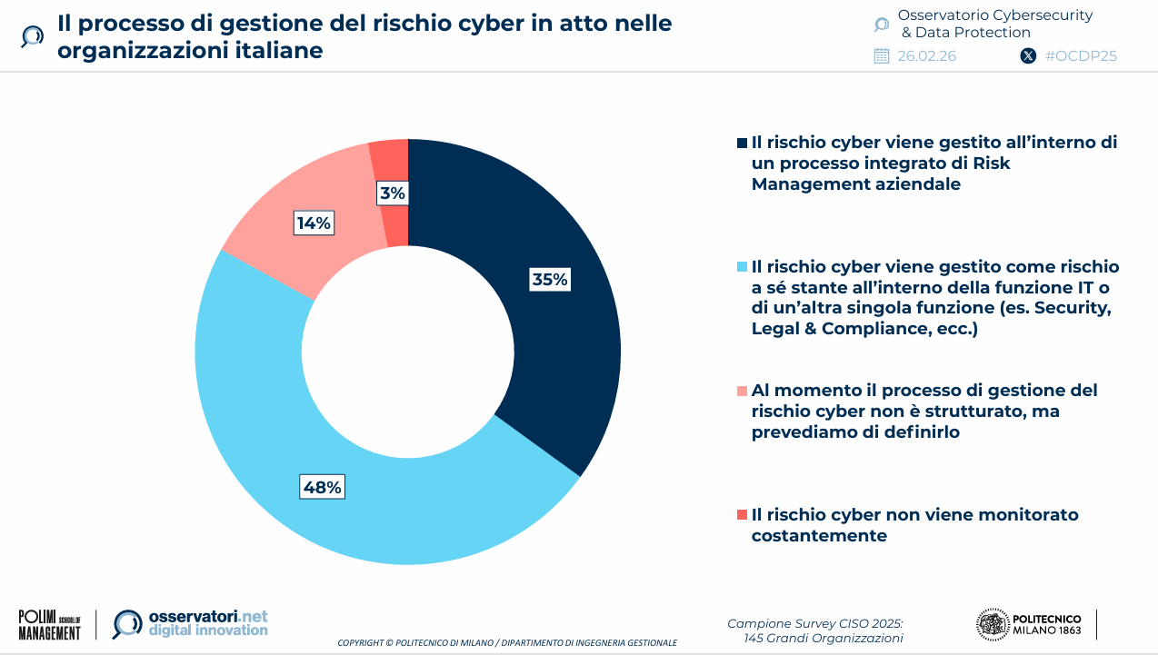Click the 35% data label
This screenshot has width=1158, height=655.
pyautogui.click(x=550, y=280)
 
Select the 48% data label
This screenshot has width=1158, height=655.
pyautogui.click(x=323, y=488)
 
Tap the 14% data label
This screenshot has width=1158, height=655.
pyautogui.click(x=314, y=223)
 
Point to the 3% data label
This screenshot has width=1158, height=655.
pyautogui.click(x=393, y=193)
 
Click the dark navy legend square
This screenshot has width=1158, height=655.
pyautogui.click(x=743, y=143)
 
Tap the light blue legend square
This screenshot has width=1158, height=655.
pyautogui.click(x=743, y=267)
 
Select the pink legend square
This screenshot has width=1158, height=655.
pyautogui.click(x=743, y=391)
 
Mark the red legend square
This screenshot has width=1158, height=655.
pyautogui.click(x=743, y=515)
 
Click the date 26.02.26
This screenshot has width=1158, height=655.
pyautogui.click(x=926, y=55)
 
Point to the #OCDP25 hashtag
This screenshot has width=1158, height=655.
pyautogui.click(x=1081, y=55)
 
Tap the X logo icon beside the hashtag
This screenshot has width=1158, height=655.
pyautogui.click(x=1028, y=55)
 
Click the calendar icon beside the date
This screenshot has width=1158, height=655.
pyautogui.click(x=881, y=55)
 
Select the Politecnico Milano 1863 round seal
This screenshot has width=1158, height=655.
pyautogui.click(x=992, y=624)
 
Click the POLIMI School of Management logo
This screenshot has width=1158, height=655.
pyautogui.click(x=50, y=624)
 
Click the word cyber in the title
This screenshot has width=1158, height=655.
pyautogui.click(x=484, y=24)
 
